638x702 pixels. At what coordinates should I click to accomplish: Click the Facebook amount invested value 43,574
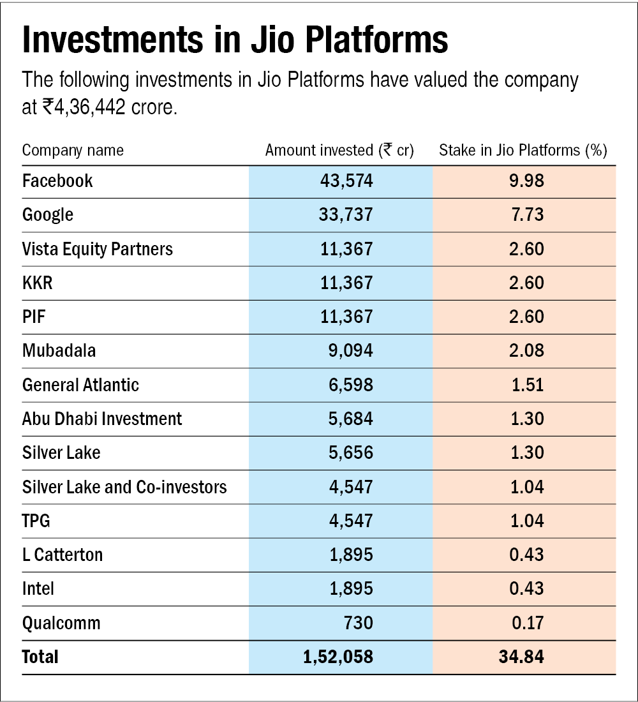pyautogui.click(x=346, y=181)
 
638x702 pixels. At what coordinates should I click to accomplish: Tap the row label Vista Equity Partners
pyautogui.click(x=97, y=249)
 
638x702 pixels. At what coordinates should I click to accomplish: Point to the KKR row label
pyautogui.click(x=38, y=283)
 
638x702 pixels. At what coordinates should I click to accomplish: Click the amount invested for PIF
pyautogui.click(x=346, y=317)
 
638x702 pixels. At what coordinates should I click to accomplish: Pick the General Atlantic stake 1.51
pyautogui.click(x=527, y=385)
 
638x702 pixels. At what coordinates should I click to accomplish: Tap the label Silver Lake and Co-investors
pyautogui.click(x=124, y=488)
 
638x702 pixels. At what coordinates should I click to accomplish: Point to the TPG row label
pyautogui.click(x=36, y=521)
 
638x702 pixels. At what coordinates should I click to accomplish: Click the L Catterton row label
pyautogui.click(x=63, y=555)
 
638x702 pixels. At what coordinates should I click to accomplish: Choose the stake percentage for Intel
pyautogui.click(x=527, y=589)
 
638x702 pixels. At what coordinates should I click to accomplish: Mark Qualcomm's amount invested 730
pyautogui.click(x=358, y=623)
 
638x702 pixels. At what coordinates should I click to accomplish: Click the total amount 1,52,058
pyautogui.click(x=338, y=657)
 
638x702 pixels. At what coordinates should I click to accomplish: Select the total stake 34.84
pyautogui.click(x=523, y=657)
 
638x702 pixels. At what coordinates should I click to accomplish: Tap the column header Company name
pyautogui.click(x=73, y=151)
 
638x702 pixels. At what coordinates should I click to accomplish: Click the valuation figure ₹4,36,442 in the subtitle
pyautogui.click(x=85, y=107)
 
